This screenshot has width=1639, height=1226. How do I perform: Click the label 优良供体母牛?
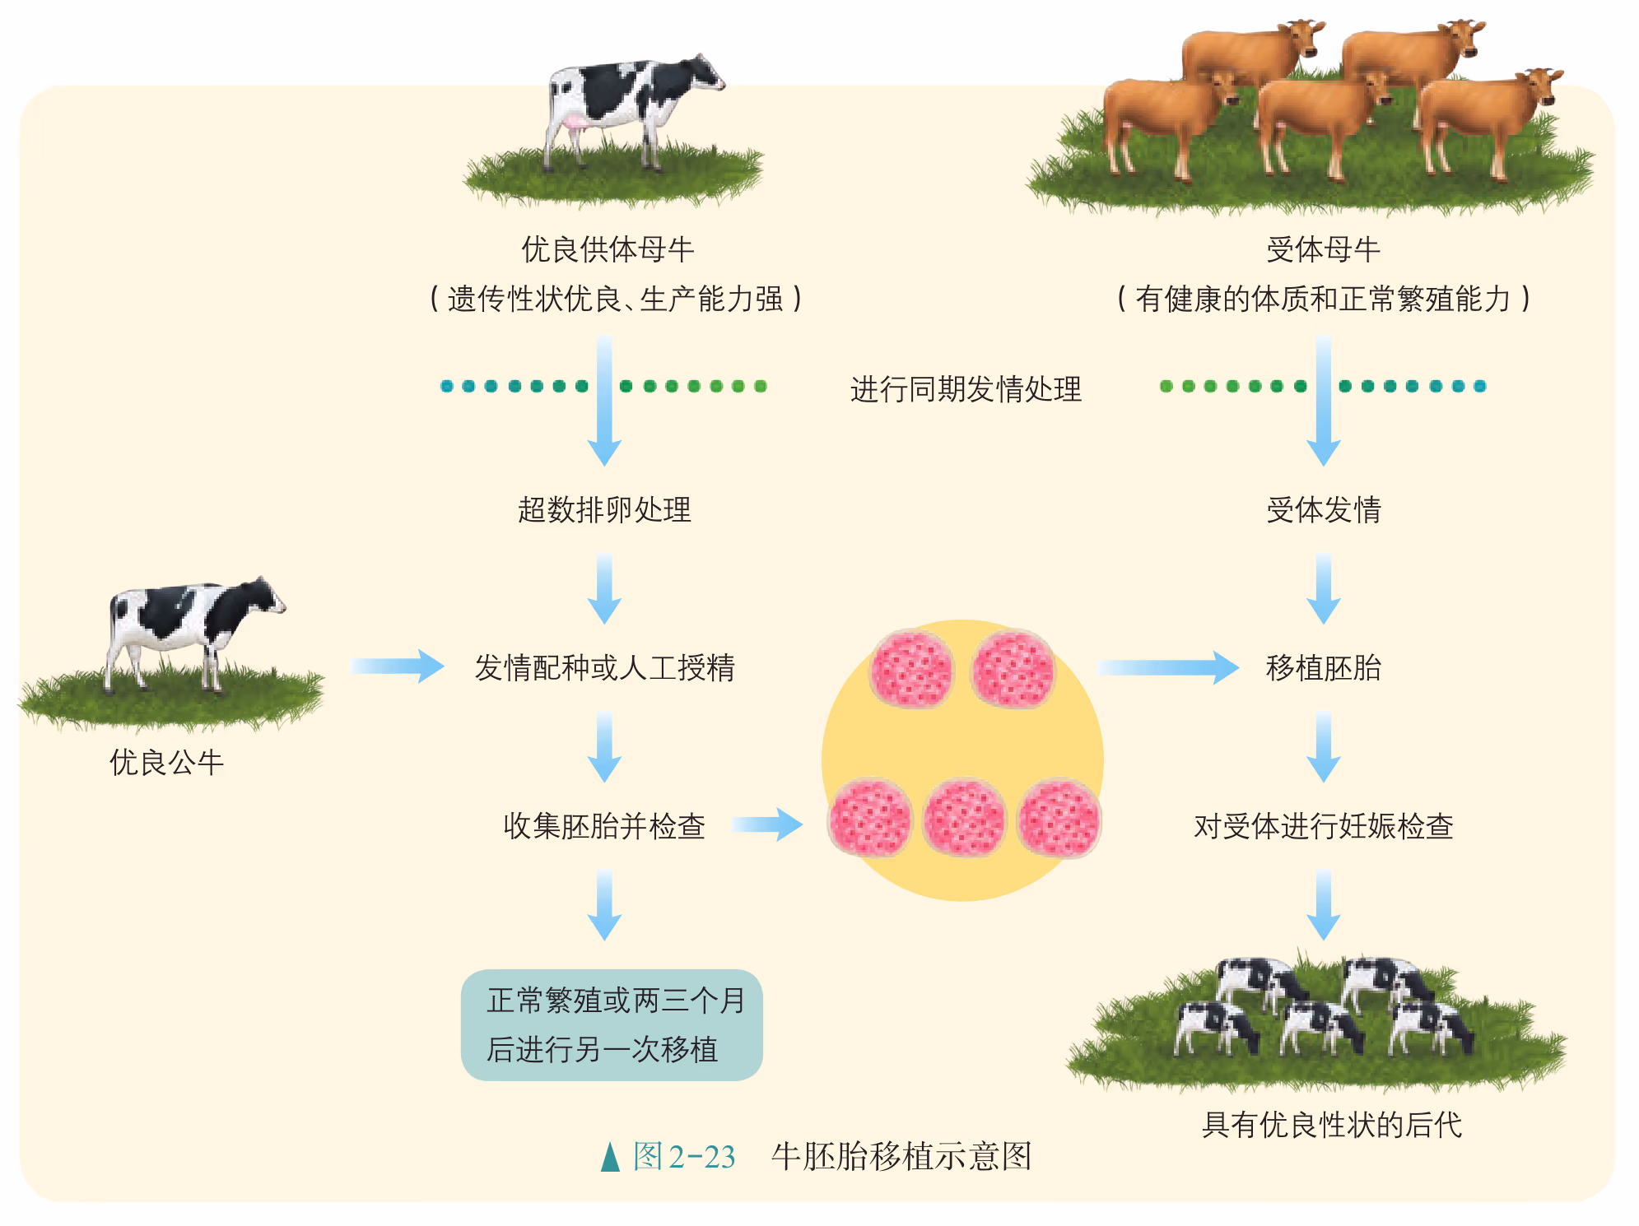click(608, 249)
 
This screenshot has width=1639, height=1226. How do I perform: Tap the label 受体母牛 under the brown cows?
click(1322, 249)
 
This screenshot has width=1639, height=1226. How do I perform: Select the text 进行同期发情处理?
click(965, 389)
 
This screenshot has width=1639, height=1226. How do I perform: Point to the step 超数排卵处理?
click(604, 510)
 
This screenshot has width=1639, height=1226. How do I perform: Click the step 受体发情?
click(1323, 510)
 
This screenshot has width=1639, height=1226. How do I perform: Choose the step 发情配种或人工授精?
click(604, 667)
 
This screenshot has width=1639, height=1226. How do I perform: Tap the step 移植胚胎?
click(1323, 667)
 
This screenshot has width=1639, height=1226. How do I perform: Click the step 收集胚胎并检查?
click(604, 826)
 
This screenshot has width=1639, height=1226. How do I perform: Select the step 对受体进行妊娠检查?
click(1323, 826)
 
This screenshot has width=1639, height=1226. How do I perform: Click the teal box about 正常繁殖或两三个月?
click(612, 1024)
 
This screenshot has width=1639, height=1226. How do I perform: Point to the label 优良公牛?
click(166, 763)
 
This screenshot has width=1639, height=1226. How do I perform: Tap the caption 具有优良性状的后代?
click(1331, 1125)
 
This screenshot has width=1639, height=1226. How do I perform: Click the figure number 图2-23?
click(683, 1157)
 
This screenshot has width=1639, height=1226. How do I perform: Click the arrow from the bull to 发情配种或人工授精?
click(397, 666)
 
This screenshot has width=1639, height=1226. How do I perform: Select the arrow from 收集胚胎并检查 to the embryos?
click(766, 824)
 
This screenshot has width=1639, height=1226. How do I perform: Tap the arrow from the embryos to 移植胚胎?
click(1167, 667)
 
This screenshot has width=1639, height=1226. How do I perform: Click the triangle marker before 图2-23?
click(610, 1157)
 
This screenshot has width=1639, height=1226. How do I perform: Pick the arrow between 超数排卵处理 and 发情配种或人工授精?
click(604, 587)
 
